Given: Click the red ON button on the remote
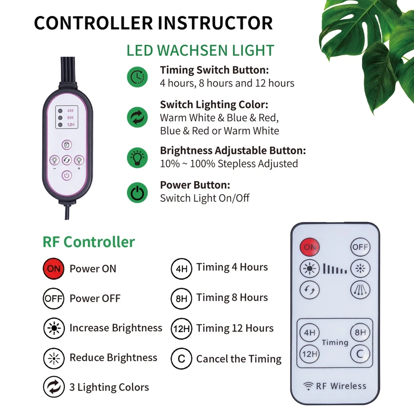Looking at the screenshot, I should pos(310,247).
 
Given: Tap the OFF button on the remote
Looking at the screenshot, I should pos(360,247).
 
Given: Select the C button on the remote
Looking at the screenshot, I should pos(360,354).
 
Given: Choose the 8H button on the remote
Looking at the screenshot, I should pos(360,332).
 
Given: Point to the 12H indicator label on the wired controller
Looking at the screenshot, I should pos(70,125).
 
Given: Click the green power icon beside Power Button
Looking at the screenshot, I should pos(137,193).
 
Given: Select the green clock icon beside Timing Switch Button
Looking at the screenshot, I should pos(137,76).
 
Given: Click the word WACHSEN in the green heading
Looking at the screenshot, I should pos(201,50).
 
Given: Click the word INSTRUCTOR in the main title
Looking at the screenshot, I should pos(215,23).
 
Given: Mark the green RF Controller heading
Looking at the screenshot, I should pos(88,241).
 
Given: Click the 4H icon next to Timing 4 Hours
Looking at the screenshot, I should pos(182,269).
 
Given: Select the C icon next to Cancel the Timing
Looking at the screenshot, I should pos(182,359).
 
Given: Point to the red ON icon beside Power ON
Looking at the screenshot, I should pos(53,269).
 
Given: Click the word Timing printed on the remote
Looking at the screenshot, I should pos(335,342).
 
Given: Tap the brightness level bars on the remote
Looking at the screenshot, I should pos(335,270).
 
